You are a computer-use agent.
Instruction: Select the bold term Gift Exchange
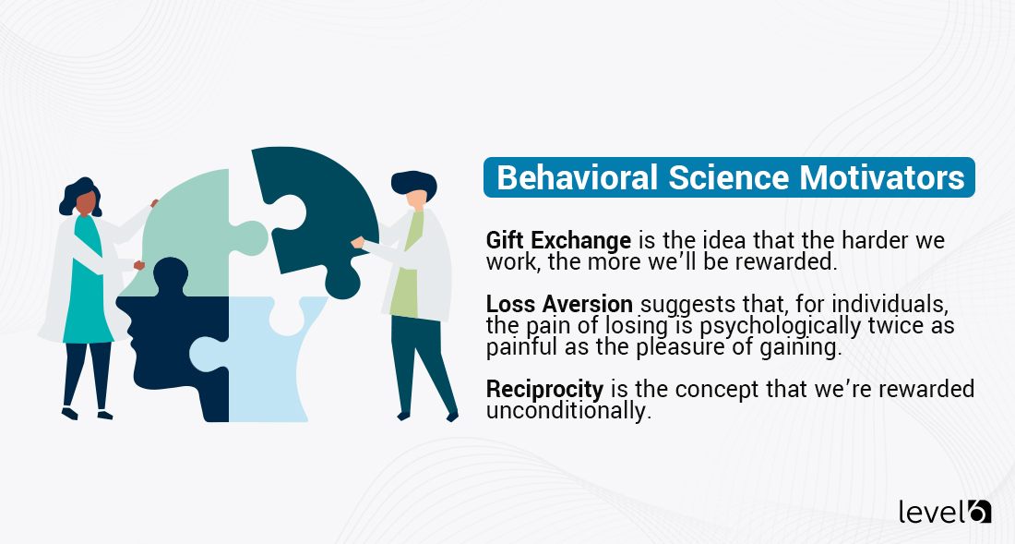tap(558, 240)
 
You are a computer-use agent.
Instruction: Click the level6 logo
tap(945, 511)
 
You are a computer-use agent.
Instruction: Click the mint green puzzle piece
tap(189, 231)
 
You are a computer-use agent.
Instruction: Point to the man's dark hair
tap(412, 181)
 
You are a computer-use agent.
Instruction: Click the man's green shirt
tap(405, 268)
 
